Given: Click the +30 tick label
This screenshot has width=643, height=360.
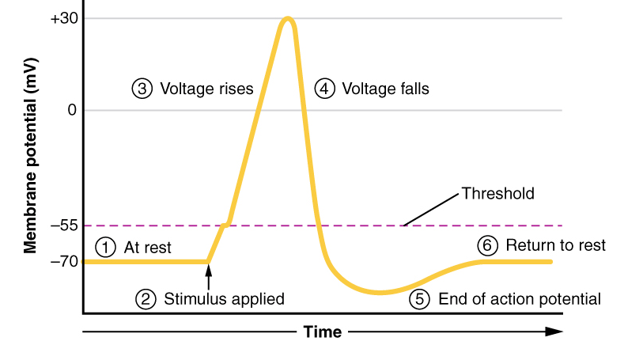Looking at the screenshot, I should coord(63,17).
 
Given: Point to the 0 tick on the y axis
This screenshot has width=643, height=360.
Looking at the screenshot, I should coord(72,110).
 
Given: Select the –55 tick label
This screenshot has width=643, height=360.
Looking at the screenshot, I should coord(63,225).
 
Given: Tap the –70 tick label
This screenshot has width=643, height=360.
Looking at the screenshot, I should coord(63,261).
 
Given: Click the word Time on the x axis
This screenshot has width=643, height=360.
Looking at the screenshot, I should coord(323,332).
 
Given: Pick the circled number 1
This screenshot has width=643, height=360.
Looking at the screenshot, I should coord(105,247).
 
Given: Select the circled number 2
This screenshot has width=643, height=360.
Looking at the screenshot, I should coord(146,299).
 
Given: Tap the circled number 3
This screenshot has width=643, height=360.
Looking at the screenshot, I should coord(142,89).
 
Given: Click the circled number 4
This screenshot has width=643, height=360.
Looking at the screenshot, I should coord(324,89).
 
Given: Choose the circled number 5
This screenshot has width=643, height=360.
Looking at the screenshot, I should coord(420,299).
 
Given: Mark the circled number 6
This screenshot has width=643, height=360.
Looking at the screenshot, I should coord(488,245).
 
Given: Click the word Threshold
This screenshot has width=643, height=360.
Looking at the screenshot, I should coord(498,193).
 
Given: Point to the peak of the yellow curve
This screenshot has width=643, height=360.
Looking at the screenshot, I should coord(287,18).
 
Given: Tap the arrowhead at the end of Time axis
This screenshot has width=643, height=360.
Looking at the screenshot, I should coord(556,332).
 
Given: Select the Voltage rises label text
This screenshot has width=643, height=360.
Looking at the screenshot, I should coord(207,89).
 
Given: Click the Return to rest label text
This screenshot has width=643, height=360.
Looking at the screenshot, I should coord(555,245).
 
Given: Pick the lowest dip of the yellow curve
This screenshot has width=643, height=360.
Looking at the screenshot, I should coord(380,293).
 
